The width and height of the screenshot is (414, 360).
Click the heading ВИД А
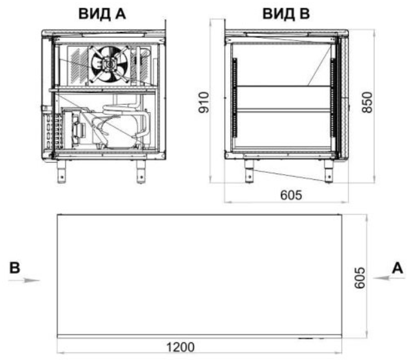102,14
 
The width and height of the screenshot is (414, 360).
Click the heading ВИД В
286,14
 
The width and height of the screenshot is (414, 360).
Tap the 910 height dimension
204,102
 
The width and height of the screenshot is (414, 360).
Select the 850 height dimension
367,102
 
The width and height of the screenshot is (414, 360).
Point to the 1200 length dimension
181,347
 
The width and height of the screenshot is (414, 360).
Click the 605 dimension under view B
291,195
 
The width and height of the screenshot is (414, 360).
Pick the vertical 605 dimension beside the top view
360,278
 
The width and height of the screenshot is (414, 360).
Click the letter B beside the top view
15,267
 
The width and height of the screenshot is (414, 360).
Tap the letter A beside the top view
398,268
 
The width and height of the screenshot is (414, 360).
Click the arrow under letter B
23,280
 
